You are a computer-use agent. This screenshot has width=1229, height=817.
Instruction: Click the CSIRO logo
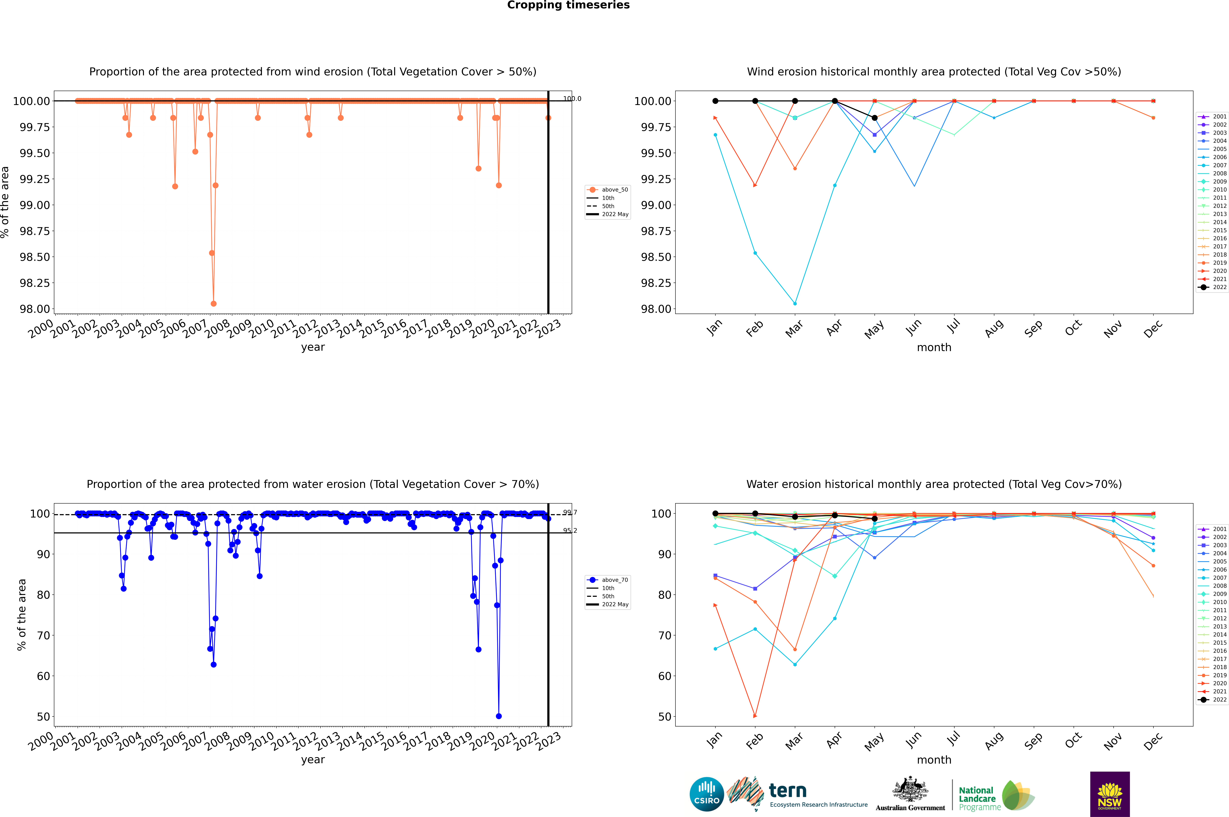[706, 794]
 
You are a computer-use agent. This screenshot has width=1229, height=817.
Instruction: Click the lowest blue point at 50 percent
[499, 716]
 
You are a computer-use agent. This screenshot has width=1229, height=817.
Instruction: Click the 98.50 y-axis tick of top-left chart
[35, 257]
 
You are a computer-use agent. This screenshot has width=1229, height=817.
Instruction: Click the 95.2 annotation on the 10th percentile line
[570, 530]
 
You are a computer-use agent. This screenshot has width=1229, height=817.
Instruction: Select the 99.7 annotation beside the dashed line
[570, 513]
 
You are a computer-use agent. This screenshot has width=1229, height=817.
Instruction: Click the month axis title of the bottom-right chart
[934, 760]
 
